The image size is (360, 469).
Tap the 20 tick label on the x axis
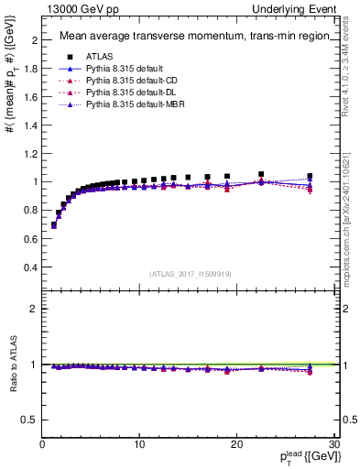[237, 445]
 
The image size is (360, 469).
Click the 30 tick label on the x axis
[334, 445]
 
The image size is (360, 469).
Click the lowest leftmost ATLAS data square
[54, 224]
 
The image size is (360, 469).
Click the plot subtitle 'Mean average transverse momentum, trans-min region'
[191, 37]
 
